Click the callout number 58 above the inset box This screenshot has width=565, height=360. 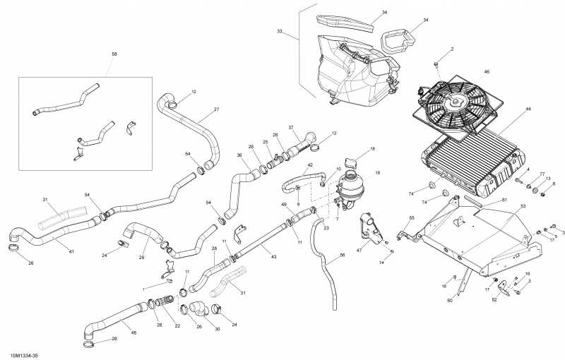pyautogui.click(x=114, y=54)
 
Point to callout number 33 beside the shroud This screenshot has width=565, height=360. pyautogui.click(x=280, y=32)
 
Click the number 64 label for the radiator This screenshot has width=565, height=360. pyautogui.click(x=528, y=109)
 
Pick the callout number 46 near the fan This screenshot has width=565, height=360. pyautogui.click(x=487, y=72)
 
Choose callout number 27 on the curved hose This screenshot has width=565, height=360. pyautogui.click(x=216, y=109)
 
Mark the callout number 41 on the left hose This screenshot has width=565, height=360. pyautogui.click(x=71, y=252)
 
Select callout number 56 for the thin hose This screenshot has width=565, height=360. pyautogui.click(x=343, y=256)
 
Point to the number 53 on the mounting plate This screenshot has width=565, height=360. pyautogui.click(x=523, y=207)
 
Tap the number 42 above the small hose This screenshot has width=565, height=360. pyautogui.click(x=309, y=165)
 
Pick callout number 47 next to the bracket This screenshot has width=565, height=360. pyautogui.click(x=359, y=251)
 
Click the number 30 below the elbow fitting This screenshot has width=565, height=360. pyautogui.click(x=217, y=329)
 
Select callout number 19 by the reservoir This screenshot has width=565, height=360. pyautogui.click(x=377, y=173)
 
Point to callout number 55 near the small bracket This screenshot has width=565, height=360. pyautogui.click(x=412, y=218)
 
